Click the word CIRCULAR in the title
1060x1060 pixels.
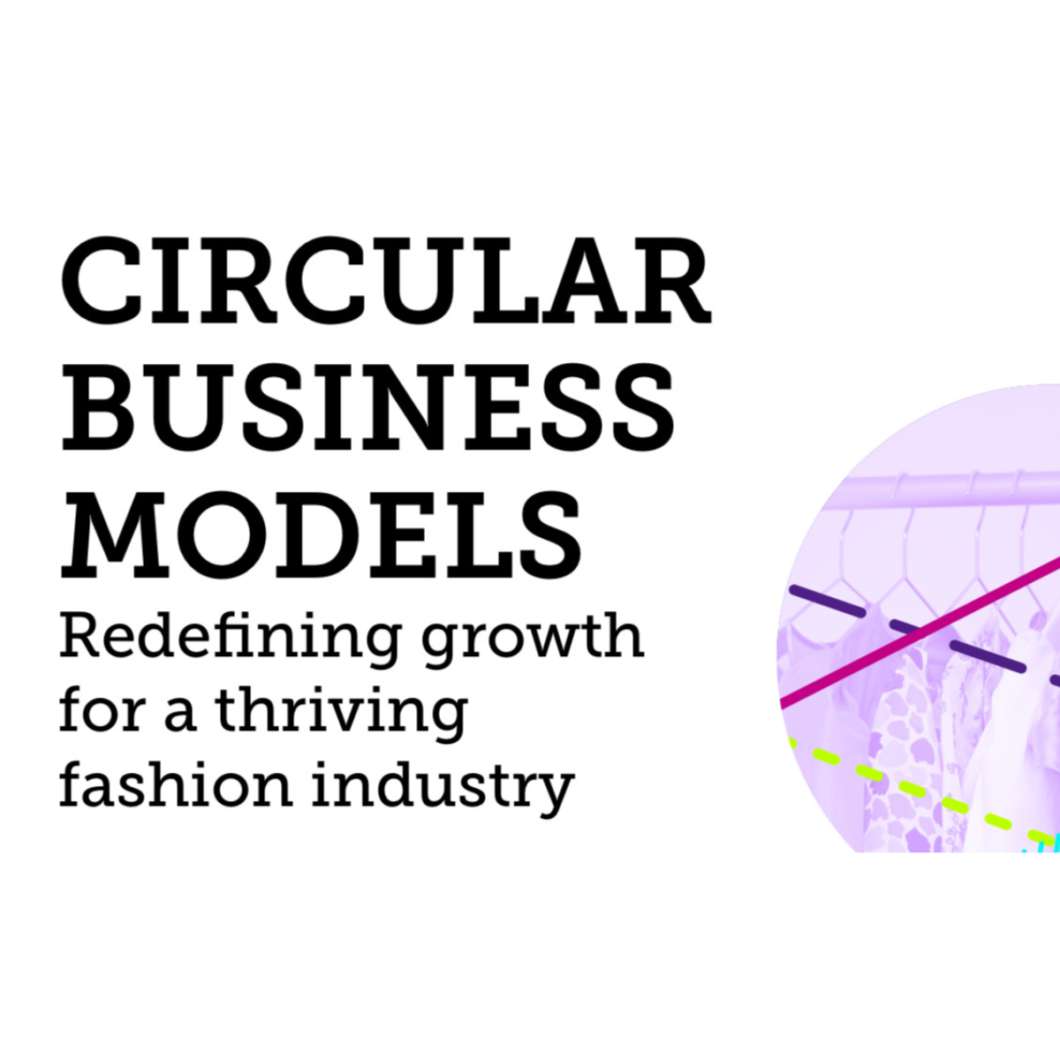tap(386, 281)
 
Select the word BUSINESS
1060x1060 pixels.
tap(367, 407)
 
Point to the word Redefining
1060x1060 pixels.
tap(228, 640)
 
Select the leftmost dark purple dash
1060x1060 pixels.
tap(828, 600)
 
